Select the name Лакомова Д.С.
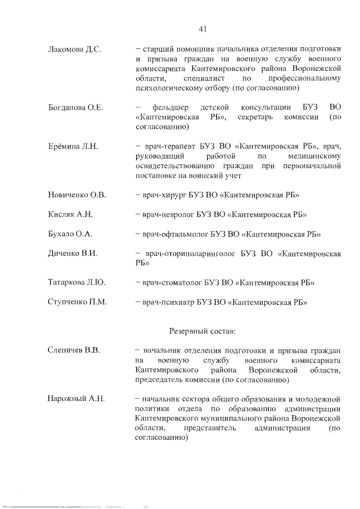pos(75,49)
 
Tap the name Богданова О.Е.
pos(75,107)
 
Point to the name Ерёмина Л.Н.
pos(73,146)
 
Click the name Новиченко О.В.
pos(78,195)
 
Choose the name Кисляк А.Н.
pos(70,214)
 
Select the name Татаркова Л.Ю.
pos(77,282)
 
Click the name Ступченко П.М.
pos(78,302)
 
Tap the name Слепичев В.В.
pos(74,350)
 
